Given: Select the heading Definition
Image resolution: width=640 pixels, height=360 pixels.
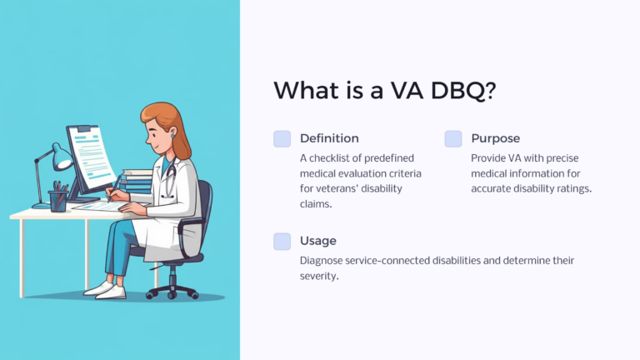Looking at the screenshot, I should coord(329,138).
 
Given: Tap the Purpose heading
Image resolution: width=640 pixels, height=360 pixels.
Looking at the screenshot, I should coord(496,138).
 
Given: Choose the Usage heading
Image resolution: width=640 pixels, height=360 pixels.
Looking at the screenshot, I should coord(318,241).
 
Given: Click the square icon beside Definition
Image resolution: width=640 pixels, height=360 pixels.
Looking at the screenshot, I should coord(282,139).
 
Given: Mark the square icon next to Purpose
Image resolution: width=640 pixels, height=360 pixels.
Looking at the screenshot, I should coord(452,139).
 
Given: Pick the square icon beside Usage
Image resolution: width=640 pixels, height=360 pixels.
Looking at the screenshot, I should coord(282,242).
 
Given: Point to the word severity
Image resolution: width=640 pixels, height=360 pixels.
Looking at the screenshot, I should coord(318,277).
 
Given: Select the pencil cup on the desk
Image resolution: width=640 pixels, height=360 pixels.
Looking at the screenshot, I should coord(58,200).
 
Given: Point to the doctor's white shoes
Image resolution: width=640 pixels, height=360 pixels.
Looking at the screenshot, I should coord(104,289).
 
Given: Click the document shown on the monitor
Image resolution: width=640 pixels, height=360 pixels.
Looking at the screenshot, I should coord(91,155).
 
